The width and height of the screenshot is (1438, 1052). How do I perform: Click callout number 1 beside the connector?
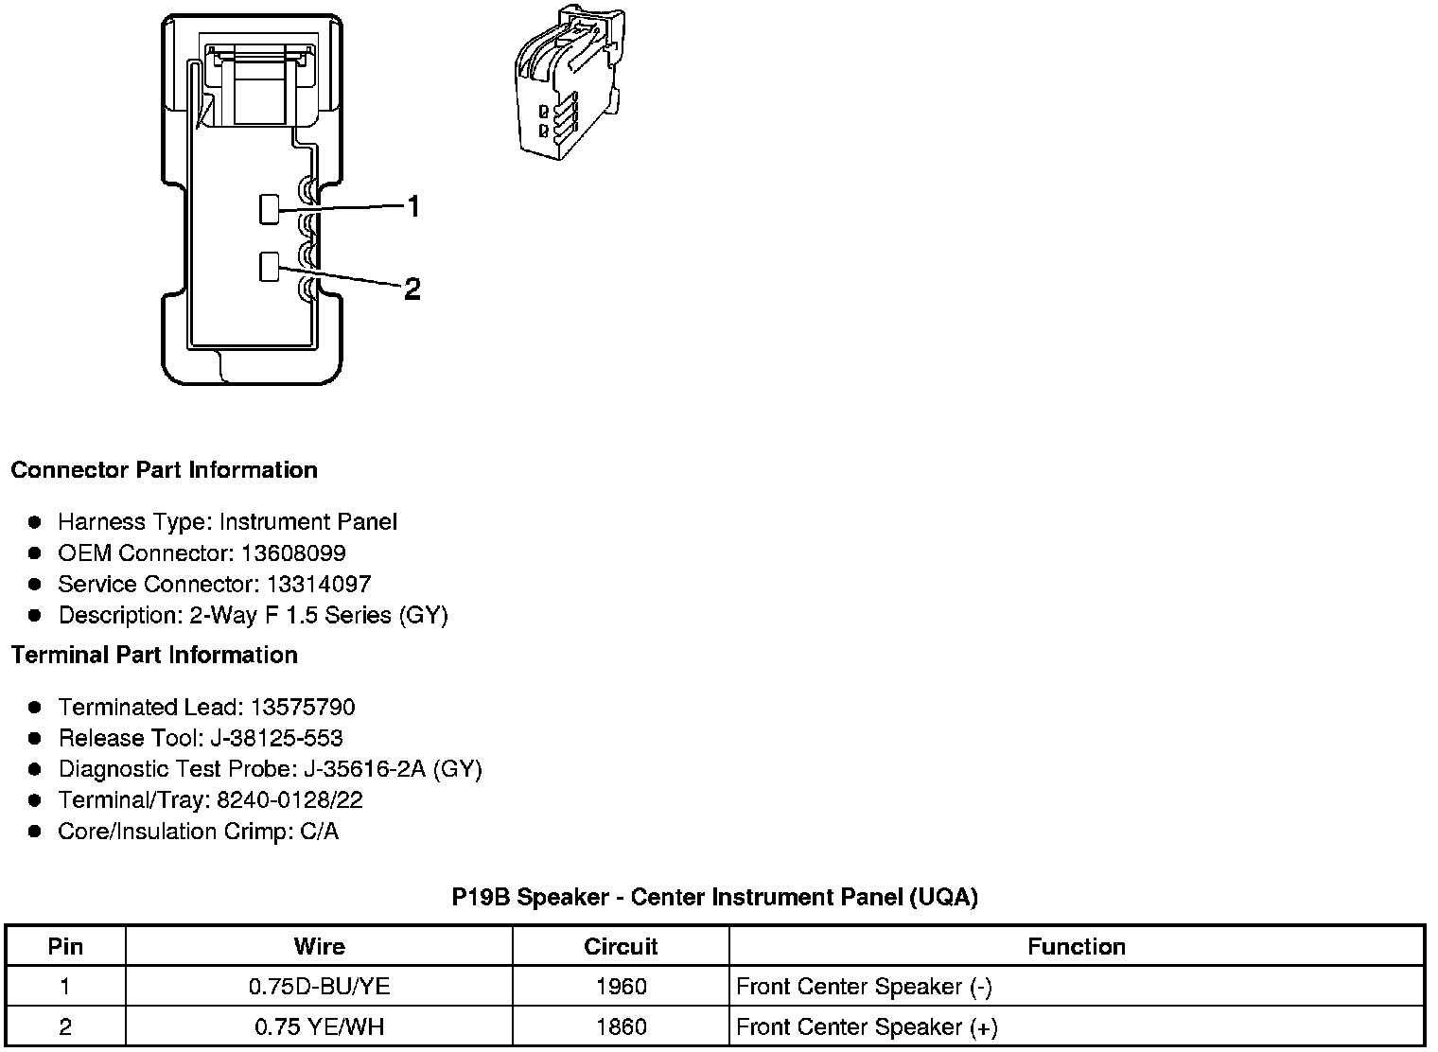click(x=412, y=205)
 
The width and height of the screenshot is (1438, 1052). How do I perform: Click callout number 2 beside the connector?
click(x=412, y=289)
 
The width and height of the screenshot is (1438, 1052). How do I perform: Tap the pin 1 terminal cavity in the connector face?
click(x=270, y=209)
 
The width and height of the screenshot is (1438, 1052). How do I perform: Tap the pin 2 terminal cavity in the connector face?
click(x=270, y=267)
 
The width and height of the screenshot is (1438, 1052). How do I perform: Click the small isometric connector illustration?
click(x=566, y=82)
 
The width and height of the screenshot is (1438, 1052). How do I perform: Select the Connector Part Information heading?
click(x=164, y=470)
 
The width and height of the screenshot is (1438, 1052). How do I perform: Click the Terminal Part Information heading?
click(x=154, y=655)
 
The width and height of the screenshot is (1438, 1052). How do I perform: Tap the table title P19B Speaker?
click(x=714, y=897)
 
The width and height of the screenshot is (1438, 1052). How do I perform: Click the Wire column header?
click(x=319, y=946)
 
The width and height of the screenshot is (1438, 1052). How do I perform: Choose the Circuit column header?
click(x=621, y=946)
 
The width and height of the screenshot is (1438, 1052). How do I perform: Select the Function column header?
click(x=1076, y=946)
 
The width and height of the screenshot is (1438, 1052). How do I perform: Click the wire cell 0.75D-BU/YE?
click(x=319, y=987)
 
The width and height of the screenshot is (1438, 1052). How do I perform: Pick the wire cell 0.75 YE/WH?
click(x=319, y=1026)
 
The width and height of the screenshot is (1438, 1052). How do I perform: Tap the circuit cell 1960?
click(x=621, y=987)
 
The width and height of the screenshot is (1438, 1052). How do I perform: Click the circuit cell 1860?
click(x=621, y=1026)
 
